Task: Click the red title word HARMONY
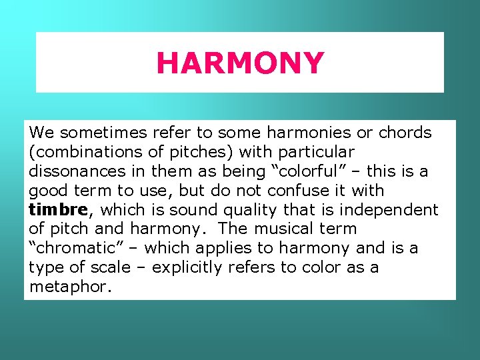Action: [x=240, y=63]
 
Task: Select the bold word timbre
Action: [x=59, y=210]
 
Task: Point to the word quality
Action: [x=249, y=210]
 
